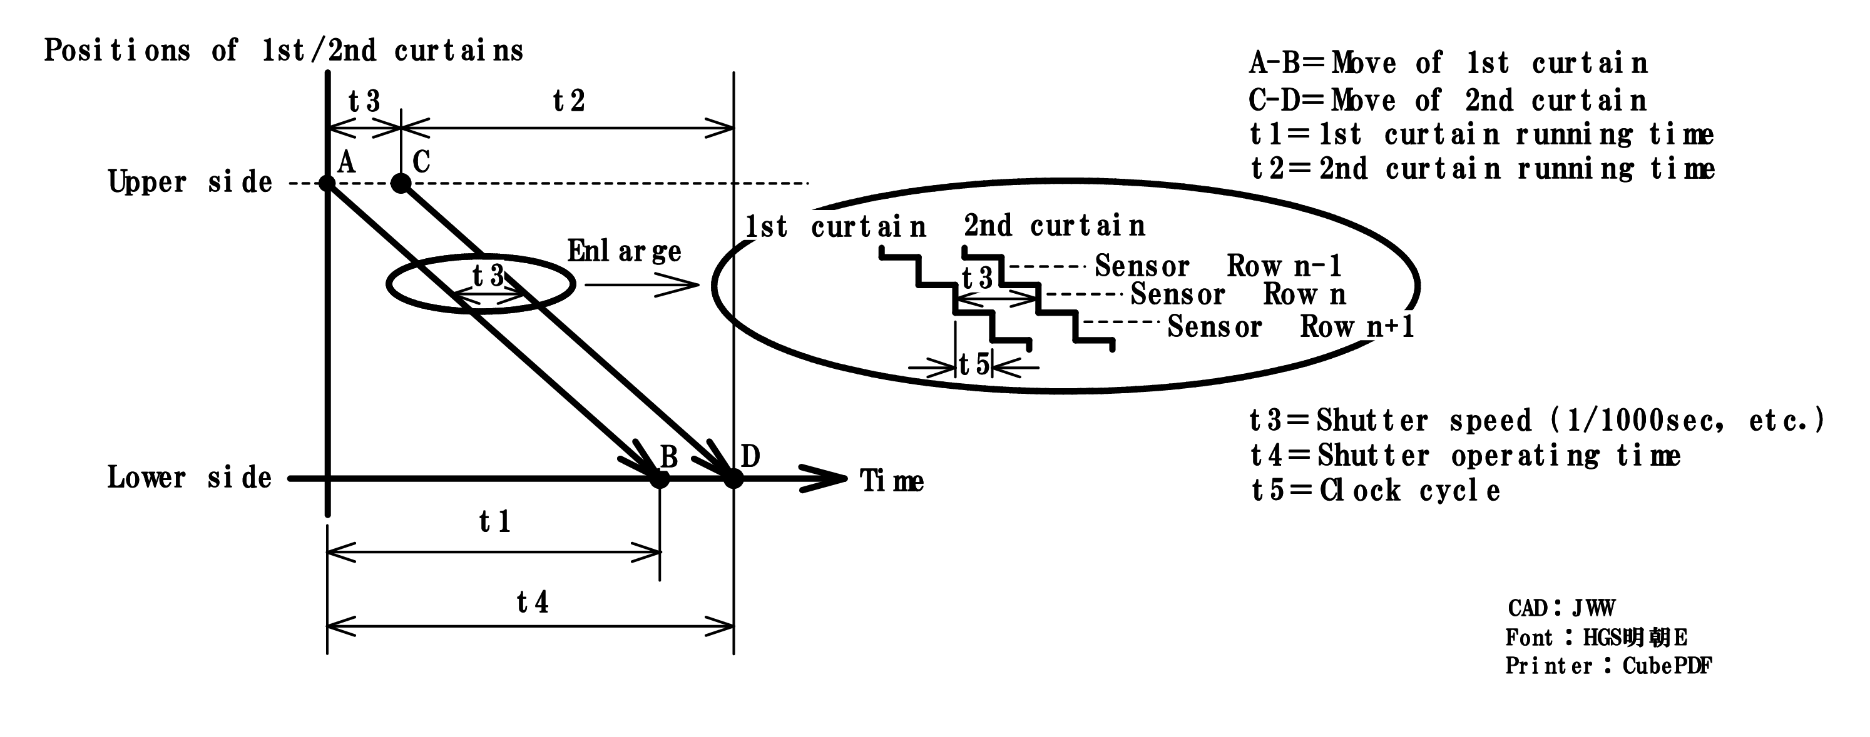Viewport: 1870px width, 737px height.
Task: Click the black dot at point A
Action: point(327,183)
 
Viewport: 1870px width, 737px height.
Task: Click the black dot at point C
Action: point(401,183)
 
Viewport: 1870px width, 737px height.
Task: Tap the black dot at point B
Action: point(659,479)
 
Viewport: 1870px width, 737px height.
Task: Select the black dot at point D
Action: point(734,479)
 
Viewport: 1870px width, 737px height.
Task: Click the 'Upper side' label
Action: point(190,181)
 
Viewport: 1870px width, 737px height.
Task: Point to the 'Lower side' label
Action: point(190,478)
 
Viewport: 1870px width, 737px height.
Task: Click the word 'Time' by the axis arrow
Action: point(891,481)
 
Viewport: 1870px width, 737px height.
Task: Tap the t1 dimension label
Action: point(495,521)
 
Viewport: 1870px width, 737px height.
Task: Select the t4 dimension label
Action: point(532,602)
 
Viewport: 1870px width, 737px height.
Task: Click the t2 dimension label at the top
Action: point(568,101)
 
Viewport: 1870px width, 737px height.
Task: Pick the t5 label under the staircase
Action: point(974,365)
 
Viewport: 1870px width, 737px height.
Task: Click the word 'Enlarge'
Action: point(623,252)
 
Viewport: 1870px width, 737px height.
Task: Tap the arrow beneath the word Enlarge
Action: point(641,285)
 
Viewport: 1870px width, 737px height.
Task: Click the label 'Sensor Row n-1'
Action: point(1218,266)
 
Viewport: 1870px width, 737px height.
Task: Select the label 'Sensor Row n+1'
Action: point(1290,326)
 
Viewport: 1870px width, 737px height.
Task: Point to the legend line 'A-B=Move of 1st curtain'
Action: point(1448,63)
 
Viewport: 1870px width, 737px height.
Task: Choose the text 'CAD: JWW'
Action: point(1561,608)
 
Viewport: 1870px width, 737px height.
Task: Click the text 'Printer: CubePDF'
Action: point(1608,666)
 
